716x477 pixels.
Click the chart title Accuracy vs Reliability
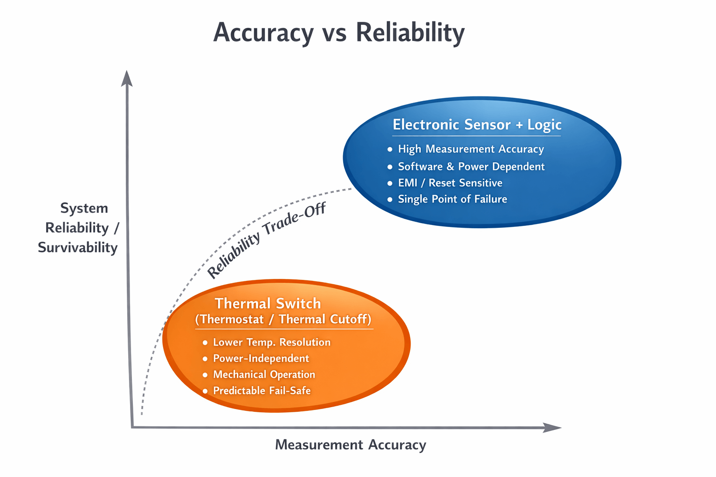coord(339,33)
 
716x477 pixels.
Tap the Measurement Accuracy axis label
coord(351,445)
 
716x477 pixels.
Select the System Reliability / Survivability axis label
coord(79,228)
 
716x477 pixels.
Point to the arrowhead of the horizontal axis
coord(552,428)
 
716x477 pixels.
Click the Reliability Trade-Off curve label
coord(266,240)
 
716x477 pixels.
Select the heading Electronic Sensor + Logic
coord(477,124)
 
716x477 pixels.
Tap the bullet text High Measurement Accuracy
coord(471,149)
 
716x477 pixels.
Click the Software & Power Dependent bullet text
coord(471,166)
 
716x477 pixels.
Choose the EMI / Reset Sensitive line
coord(450,183)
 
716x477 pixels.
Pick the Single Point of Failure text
coord(452,199)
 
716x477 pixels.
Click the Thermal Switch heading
coord(268,304)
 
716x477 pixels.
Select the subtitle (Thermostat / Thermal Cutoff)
coord(283,319)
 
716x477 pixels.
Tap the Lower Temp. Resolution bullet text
coord(272,342)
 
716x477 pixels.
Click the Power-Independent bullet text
coord(261,359)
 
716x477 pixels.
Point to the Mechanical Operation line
coord(264,375)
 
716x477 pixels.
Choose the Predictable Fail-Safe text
coord(262,390)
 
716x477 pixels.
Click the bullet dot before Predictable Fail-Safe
coord(205,391)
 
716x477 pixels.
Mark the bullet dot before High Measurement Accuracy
coord(390,150)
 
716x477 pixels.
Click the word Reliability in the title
coord(410,33)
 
